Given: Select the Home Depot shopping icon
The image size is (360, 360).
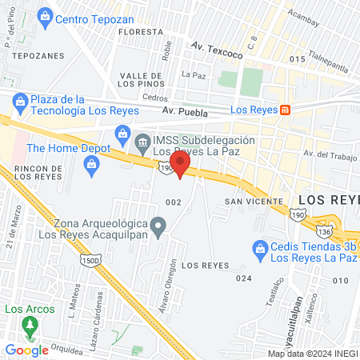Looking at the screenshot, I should (91, 165).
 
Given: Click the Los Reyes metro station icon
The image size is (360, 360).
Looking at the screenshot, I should (286, 109).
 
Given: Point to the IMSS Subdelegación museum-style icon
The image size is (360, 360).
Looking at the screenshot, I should (142, 144).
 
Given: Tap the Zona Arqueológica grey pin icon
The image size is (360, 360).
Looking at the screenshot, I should (158, 228).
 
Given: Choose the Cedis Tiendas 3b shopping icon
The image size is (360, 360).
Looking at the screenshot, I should (258, 249).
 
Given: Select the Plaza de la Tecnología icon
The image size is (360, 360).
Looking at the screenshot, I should (20, 101).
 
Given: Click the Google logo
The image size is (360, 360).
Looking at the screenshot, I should (26, 350).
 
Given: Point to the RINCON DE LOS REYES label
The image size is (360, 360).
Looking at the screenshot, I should (38, 173).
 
